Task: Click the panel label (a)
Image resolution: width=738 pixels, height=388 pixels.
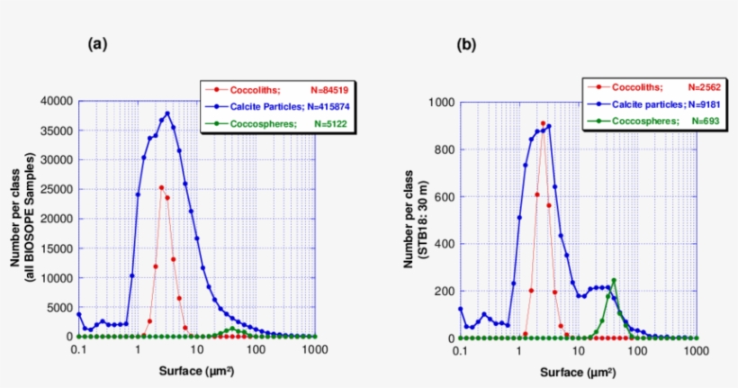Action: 97,43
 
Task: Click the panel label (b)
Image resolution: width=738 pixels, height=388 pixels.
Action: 466,43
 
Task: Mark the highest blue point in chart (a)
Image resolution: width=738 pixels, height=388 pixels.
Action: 167,113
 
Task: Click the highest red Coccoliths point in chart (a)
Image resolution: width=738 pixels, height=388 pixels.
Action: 161,187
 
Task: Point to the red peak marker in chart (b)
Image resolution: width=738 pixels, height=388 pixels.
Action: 543,123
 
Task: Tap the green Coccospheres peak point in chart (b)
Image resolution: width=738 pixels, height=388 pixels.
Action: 614,281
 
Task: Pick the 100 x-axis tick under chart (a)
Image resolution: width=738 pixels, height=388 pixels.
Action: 256,351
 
